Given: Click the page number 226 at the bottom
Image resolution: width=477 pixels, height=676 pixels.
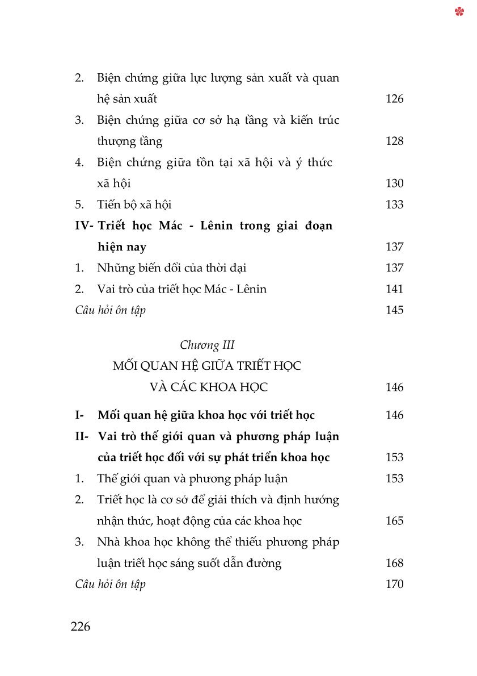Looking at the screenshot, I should click(x=81, y=627).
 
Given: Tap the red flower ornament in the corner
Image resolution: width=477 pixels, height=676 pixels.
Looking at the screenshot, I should click(x=459, y=11).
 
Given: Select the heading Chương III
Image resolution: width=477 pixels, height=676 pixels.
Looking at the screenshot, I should click(x=207, y=345).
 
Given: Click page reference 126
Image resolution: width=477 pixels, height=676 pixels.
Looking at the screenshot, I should click(x=394, y=99).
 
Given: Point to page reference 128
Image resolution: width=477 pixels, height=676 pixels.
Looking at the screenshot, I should click(x=394, y=141).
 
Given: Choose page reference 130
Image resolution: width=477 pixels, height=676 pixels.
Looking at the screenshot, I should click(x=394, y=183).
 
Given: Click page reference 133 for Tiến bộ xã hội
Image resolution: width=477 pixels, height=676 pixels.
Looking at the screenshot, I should click(x=394, y=205).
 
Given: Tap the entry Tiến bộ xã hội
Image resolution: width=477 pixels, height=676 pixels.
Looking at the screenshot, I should click(x=134, y=205).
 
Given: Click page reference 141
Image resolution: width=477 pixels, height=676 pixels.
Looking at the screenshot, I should click(x=394, y=289).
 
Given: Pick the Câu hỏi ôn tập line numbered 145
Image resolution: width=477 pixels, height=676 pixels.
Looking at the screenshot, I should click(x=110, y=310).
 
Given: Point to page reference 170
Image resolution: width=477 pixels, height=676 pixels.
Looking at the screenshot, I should click(x=394, y=584).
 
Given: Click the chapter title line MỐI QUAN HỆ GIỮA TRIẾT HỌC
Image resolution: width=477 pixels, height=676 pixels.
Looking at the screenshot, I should click(x=207, y=366).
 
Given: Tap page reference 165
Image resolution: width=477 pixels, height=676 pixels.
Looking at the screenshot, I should click(x=394, y=521).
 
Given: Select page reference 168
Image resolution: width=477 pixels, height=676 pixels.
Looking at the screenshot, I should click(x=394, y=563).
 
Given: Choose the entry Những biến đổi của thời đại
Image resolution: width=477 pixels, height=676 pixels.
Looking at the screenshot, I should click(x=171, y=268).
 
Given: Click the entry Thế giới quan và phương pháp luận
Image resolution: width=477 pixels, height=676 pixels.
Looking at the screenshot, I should click(x=192, y=478).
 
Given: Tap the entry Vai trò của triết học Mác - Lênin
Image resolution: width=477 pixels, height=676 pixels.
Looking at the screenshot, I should click(x=181, y=289).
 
